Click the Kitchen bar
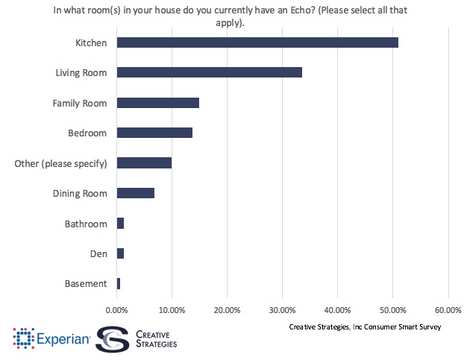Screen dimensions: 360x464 point(257,42)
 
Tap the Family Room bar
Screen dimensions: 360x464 point(158,103)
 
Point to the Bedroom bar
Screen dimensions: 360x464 point(154,133)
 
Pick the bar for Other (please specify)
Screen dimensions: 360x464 point(144,163)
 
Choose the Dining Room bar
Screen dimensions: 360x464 point(136,193)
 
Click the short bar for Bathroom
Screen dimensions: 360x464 point(120,224)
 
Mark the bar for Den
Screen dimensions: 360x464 point(120,253)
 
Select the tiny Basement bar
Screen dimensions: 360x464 point(119,284)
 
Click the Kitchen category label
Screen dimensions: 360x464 point(91,42)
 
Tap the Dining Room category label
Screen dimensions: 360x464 point(80,194)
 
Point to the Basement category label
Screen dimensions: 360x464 point(86,284)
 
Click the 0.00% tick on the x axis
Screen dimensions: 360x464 point(116,309)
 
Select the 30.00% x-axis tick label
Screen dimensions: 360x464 point(282,309)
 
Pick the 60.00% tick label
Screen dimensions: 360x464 point(448,309)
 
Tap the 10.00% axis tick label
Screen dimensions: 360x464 point(172,309)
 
